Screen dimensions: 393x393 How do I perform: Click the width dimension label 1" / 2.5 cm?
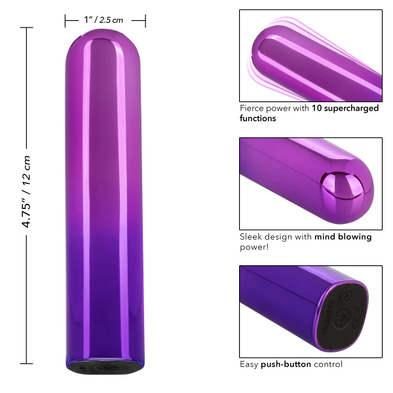103,20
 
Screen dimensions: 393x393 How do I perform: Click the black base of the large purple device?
104,369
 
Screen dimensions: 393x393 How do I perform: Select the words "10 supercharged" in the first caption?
345,108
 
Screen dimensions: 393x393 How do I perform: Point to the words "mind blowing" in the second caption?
343,236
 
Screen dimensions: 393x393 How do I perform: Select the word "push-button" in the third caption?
280,364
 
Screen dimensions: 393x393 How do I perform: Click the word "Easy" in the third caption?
250,364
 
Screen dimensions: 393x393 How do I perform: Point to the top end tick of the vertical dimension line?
27,28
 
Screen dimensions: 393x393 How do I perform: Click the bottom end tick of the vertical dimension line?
27,362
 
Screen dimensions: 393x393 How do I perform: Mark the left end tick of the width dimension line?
65,21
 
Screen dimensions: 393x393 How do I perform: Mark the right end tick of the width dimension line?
145,21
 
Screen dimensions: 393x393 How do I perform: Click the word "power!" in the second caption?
255,247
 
